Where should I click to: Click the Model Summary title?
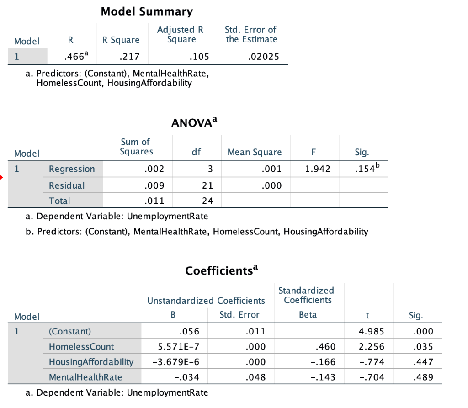pyautogui.click(x=146, y=11)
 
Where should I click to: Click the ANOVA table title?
pyautogui.click(x=194, y=123)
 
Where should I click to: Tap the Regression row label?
pyautogui.click(x=72, y=169)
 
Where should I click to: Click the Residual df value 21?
pyautogui.click(x=207, y=185)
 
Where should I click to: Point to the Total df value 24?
pyautogui.click(x=207, y=201)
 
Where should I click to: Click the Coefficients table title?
pyautogui.click(x=222, y=270)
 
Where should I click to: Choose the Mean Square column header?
pyautogui.click(x=255, y=153)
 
